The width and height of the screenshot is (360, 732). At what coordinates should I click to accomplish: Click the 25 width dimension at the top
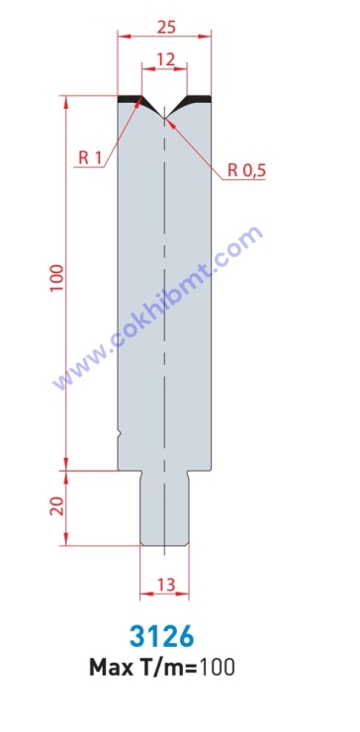coord(166,28)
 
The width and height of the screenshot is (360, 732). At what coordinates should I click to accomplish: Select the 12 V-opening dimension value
coord(166,59)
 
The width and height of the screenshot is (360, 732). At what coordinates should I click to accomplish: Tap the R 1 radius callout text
coord(90,158)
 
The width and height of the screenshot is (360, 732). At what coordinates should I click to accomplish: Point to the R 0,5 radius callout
coord(246,171)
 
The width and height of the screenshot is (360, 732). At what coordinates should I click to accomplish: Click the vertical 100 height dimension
coord(57,278)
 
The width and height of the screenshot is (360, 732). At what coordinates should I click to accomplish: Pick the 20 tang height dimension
coord(56,505)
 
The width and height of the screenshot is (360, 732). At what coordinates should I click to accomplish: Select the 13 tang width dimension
coord(166,584)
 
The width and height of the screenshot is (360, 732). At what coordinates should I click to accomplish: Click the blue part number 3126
coord(161,637)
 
